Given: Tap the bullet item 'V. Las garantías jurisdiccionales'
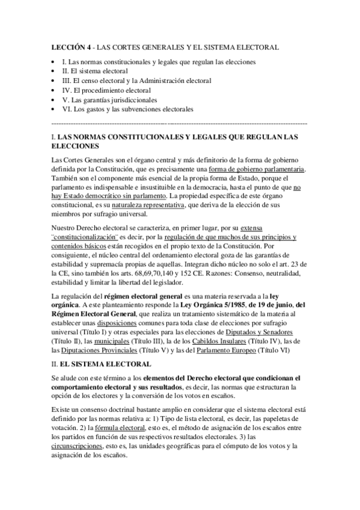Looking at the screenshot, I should [x=109, y=100].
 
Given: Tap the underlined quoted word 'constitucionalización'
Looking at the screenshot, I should [x=85, y=238].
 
